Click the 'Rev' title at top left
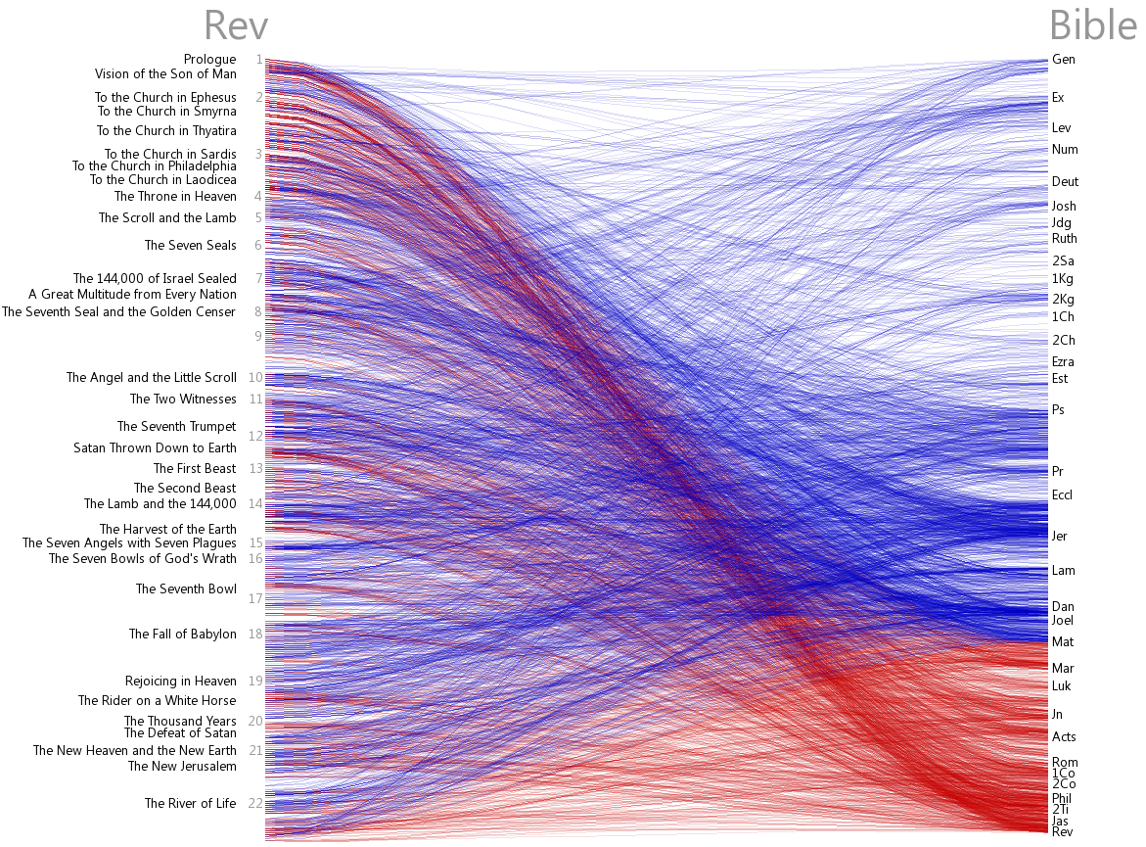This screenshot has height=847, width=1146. [236, 26]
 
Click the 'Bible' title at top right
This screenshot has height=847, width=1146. [1092, 26]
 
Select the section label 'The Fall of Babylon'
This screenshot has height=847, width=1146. [182, 635]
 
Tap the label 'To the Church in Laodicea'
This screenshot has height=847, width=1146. [162, 180]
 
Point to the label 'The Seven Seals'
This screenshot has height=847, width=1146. [190, 246]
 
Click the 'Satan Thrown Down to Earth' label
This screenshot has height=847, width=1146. [155, 448]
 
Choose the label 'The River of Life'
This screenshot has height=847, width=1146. [190, 804]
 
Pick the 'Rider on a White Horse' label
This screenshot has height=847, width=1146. [157, 701]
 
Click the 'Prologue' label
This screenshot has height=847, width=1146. [209, 60]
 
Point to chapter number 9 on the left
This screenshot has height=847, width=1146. [258, 336]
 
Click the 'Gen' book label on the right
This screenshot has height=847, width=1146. [1063, 60]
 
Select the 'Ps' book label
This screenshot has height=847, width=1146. [1058, 410]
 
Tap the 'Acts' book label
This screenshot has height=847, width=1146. [1063, 737]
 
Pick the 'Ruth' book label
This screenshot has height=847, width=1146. [1064, 239]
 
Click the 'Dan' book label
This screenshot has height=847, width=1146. [1062, 607]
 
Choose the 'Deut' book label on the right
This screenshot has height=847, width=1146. [1065, 182]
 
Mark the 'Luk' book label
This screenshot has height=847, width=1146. [1061, 686]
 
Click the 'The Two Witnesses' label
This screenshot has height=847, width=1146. [183, 400]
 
